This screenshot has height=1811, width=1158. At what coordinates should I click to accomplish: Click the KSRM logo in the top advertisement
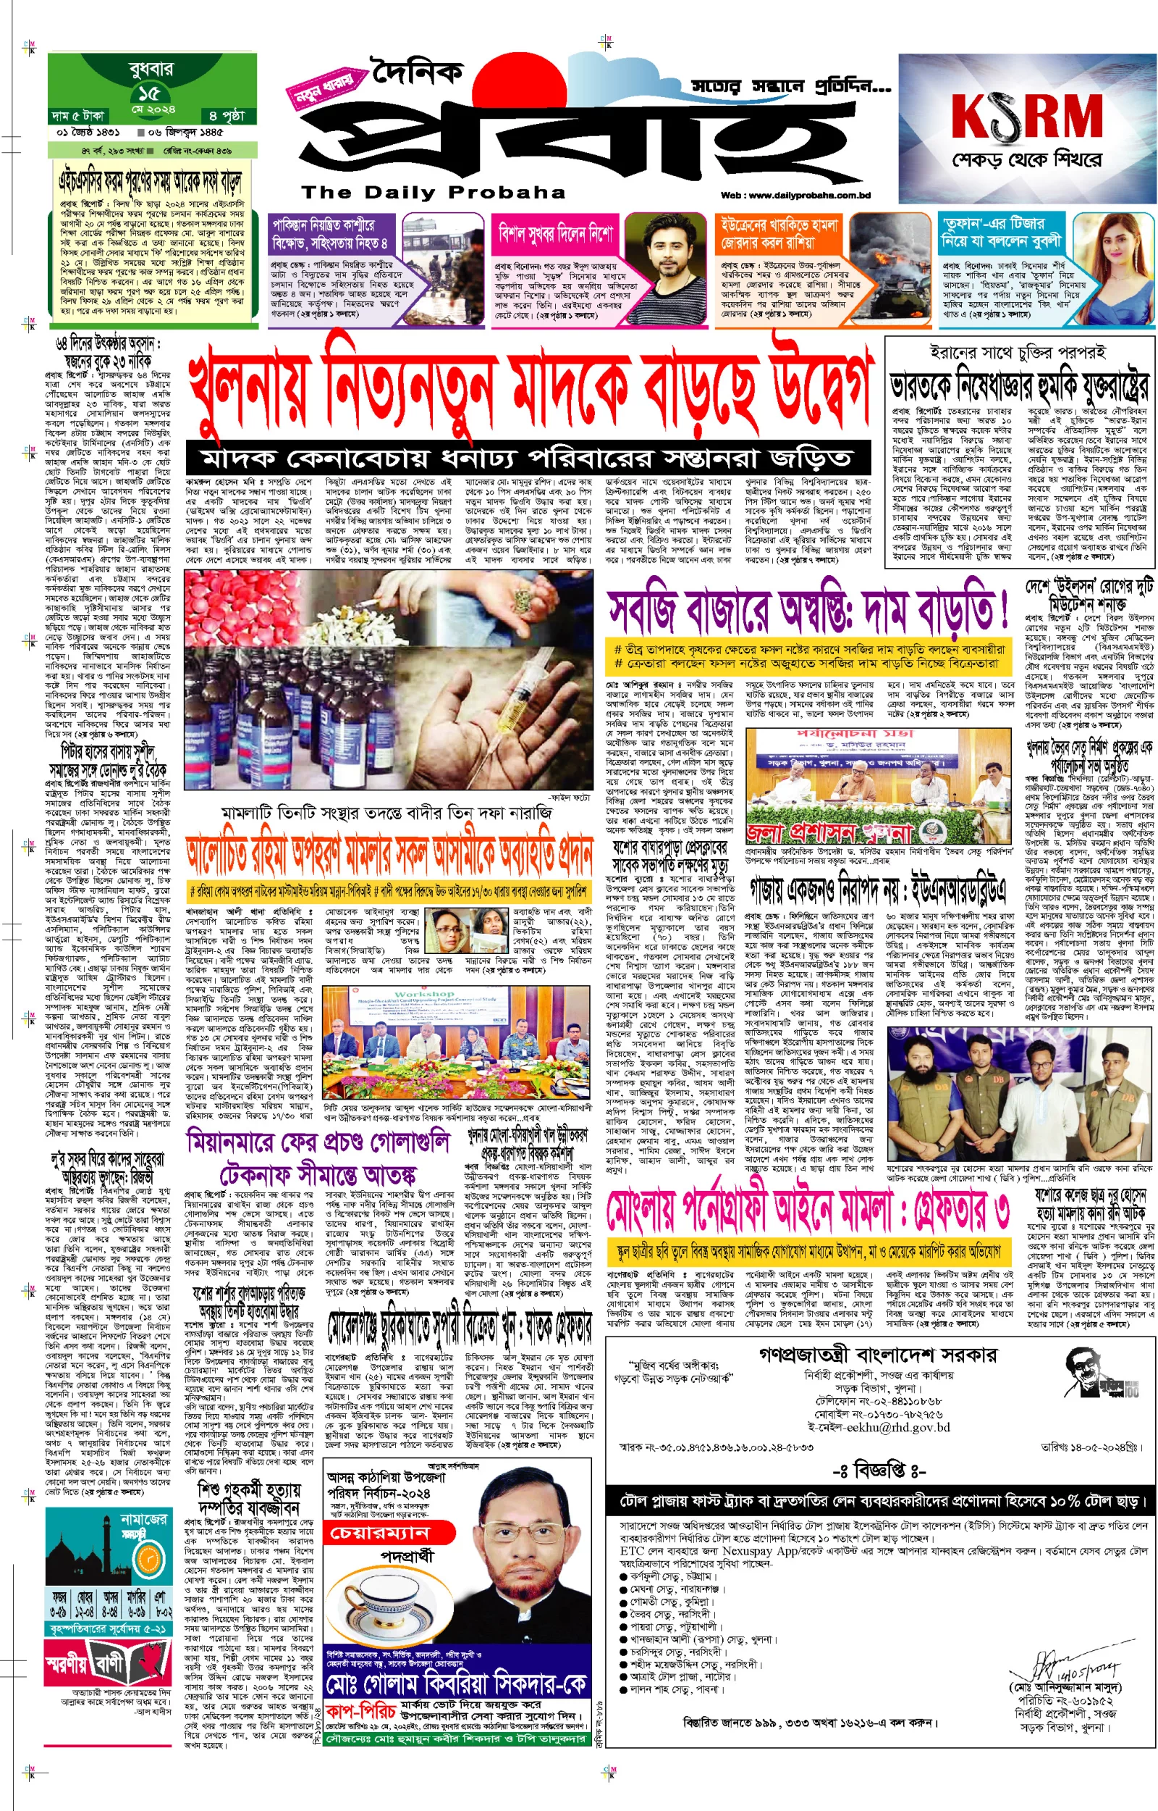point(1026,117)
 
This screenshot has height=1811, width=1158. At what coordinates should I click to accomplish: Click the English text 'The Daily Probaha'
point(433,193)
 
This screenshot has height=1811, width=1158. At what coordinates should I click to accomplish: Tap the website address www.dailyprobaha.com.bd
point(795,196)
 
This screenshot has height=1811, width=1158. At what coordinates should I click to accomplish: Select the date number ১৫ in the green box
point(149,93)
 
